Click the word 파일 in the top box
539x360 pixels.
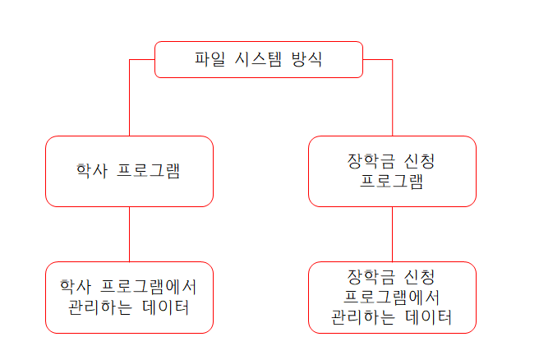pyautogui.click(x=208, y=59)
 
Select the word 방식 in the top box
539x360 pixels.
pyautogui.click(x=306, y=59)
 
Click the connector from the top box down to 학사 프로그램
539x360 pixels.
pyautogui.click(x=129, y=99)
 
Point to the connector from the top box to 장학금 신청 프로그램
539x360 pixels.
pyautogui.click(x=392, y=99)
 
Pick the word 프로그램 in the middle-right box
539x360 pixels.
pyautogui.click(x=392, y=181)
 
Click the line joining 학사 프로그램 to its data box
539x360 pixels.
pyautogui.click(x=129, y=234)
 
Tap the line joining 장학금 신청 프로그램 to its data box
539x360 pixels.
pyautogui.click(x=392, y=234)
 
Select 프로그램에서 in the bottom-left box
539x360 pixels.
pyautogui.click(x=149, y=288)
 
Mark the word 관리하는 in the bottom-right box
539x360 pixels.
pyautogui.click(x=362, y=316)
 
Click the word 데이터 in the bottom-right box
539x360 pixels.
pyautogui.click(x=428, y=316)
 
